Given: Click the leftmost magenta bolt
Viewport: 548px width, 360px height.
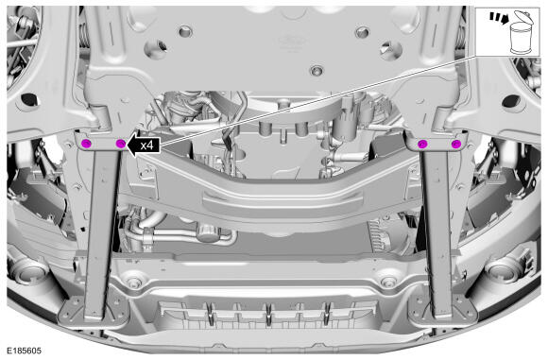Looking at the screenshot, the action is click(x=86, y=143).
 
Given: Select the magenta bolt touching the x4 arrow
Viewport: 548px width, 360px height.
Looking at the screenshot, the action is click(x=120, y=143).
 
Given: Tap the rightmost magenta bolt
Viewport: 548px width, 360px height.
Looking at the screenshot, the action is click(x=456, y=144).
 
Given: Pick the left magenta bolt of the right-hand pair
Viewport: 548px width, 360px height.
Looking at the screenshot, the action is click(x=422, y=144).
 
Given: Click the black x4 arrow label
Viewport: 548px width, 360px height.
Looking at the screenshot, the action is click(x=144, y=145).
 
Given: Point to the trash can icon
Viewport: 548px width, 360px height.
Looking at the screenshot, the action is click(x=521, y=32).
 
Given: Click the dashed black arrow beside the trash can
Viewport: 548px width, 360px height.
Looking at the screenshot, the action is click(x=498, y=17).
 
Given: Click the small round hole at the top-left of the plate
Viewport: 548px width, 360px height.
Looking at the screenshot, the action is click(x=185, y=32).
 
